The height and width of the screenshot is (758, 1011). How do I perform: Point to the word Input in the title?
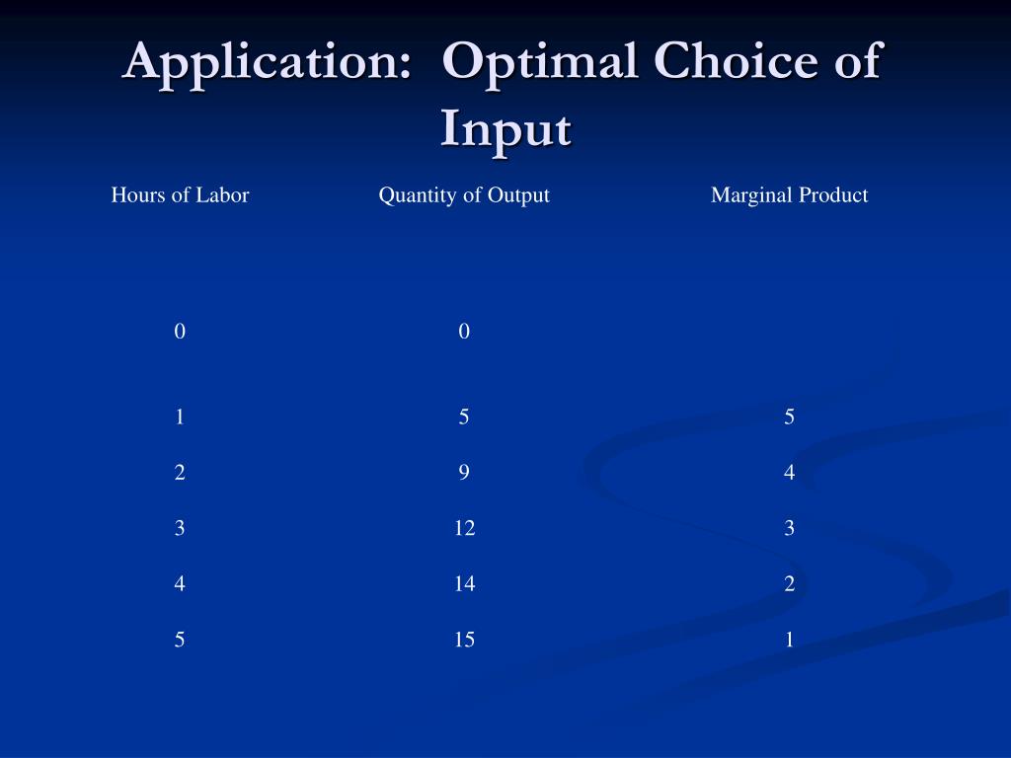(x=505, y=129)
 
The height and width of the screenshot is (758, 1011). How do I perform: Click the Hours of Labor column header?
(x=180, y=195)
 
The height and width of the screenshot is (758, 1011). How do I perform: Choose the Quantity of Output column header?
(x=464, y=195)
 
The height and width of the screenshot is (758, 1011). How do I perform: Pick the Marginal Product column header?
(x=789, y=195)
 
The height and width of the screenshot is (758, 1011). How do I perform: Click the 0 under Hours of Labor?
(x=180, y=333)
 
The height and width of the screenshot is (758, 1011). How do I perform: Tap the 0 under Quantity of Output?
(x=464, y=333)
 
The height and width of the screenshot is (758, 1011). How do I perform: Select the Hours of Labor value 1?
(x=180, y=417)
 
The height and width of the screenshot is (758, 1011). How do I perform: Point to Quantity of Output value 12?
(x=464, y=529)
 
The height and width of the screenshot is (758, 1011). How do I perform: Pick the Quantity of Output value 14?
(x=464, y=584)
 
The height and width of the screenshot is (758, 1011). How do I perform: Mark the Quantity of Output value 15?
(x=464, y=641)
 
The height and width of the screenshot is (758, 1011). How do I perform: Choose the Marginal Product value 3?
(x=789, y=529)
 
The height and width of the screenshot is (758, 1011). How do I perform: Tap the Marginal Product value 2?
(x=789, y=584)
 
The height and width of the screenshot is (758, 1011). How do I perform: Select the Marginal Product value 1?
(x=789, y=641)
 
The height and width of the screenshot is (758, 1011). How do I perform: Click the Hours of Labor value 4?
(x=180, y=584)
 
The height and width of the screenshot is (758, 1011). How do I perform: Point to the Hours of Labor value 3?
(x=180, y=529)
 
